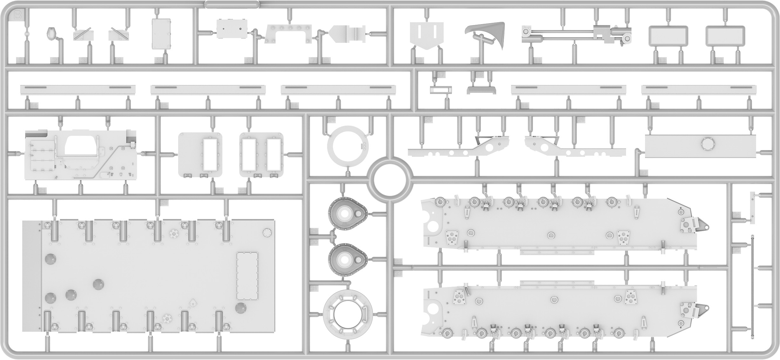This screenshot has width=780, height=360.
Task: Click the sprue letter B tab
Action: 18,15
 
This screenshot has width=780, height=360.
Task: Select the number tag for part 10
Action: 475,60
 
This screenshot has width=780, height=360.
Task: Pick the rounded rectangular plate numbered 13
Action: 725,36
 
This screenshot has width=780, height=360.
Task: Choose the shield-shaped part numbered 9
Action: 427,34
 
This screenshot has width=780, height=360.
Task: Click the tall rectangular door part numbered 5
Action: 161,34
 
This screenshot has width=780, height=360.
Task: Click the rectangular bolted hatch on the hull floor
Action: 247,276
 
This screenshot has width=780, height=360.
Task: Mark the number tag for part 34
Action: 736,215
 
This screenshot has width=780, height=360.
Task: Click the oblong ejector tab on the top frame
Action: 232,4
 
